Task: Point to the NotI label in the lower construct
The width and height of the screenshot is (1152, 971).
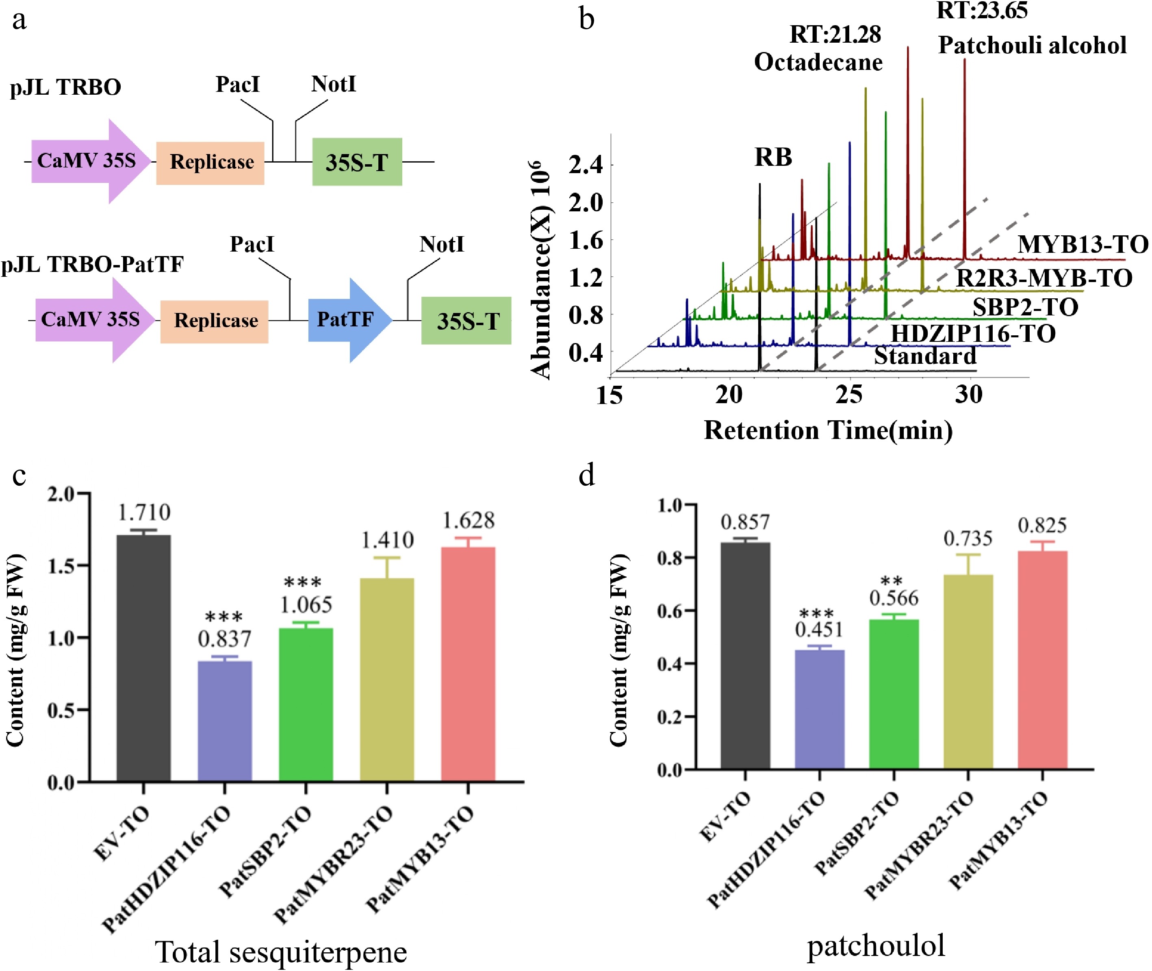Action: [441, 244]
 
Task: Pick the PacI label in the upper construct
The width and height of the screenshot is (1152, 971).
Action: [237, 84]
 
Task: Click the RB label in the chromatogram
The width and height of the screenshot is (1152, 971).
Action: [773, 157]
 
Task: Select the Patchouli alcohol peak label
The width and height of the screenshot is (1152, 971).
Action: [1032, 45]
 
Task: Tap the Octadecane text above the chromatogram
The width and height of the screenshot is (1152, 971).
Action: [818, 62]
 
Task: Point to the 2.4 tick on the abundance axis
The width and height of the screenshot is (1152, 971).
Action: [585, 165]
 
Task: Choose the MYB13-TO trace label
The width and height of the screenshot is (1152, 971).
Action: [1083, 244]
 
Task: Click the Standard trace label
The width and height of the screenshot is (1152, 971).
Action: [925, 356]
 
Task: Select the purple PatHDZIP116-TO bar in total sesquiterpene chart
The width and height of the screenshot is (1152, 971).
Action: [225, 721]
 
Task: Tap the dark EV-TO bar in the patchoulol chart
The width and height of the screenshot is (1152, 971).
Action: [745, 655]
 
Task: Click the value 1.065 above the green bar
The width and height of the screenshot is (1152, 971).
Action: [306, 605]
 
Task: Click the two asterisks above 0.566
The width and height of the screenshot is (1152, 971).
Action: [891, 581]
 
